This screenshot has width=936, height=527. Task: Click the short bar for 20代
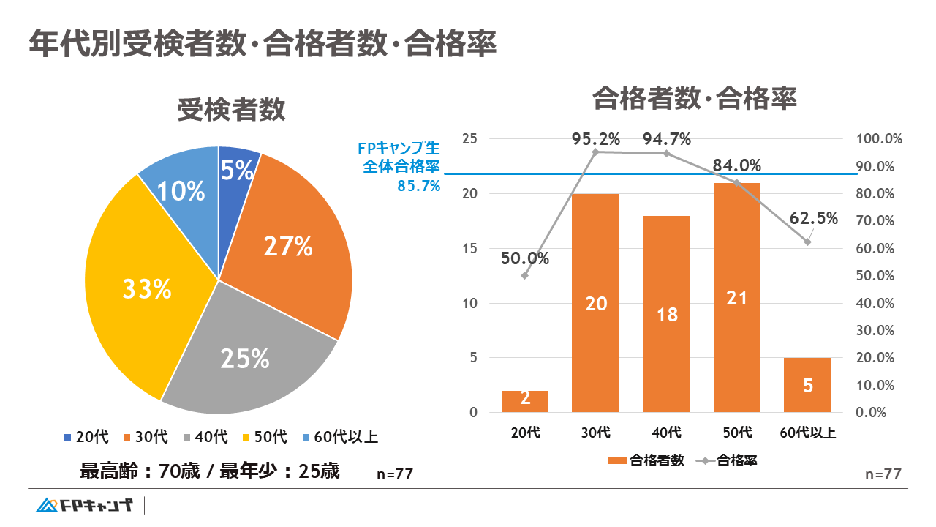point(525,401)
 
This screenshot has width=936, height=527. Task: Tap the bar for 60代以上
point(807,385)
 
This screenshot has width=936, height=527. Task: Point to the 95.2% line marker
point(596,152)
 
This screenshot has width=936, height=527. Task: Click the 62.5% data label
point(814,218)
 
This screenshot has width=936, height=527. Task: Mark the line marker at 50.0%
point(525,276)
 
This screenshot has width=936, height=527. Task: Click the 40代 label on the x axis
point(666,433)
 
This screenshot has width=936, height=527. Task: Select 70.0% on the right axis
point(875,221)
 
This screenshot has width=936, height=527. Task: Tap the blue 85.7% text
point(418,186)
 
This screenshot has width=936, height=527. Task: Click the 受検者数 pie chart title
point(231,111)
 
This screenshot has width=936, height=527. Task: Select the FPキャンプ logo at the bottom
point(86,505)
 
